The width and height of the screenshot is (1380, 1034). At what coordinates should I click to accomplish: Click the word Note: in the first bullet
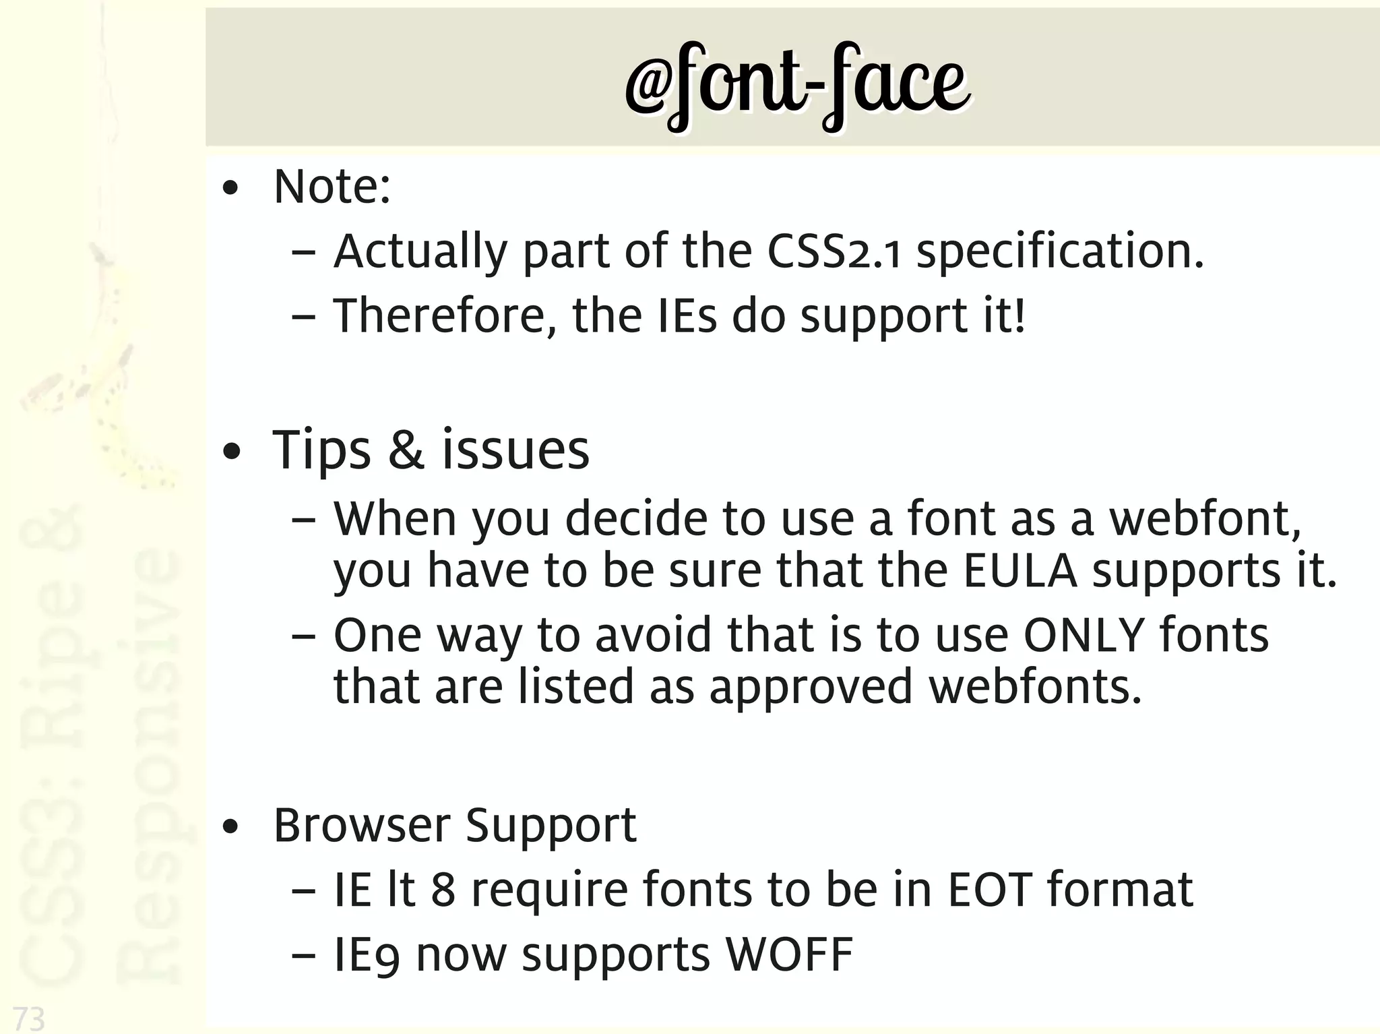tap(332, 187)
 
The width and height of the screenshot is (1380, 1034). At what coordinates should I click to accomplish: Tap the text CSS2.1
tap(834, 252)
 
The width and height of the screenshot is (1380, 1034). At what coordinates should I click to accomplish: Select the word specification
tap(1059, 252)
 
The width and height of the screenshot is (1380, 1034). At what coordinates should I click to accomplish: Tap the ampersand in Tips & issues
tap(406, 450)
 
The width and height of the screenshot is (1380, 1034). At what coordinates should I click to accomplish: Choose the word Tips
tap(321, 451)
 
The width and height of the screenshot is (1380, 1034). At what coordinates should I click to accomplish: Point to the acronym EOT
tap(990, 890)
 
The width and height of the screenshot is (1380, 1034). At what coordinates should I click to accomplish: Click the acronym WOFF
tap(788, 954)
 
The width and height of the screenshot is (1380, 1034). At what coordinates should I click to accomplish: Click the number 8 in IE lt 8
tap(443, 890)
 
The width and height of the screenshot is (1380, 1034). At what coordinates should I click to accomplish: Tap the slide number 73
tap(29, 1018)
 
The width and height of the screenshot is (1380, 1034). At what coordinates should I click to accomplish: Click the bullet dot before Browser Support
tap(230, 828)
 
